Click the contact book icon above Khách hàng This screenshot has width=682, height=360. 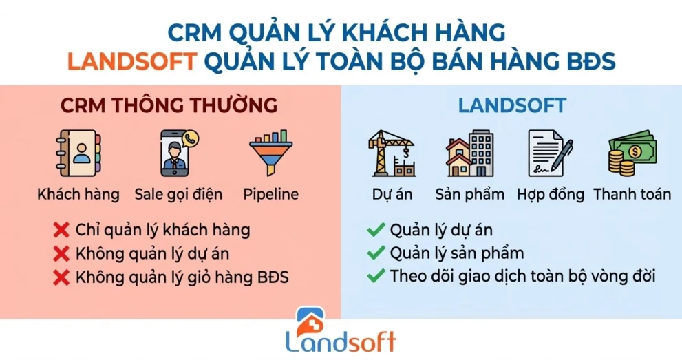(77, 153)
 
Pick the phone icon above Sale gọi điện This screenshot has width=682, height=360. (178, 153)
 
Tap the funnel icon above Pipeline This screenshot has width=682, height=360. (270, 153)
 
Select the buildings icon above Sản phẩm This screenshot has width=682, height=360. (470, 153)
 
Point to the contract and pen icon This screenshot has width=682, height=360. (550, 153)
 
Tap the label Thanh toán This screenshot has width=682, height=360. (632, 194)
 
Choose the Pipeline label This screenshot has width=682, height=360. (270, 194)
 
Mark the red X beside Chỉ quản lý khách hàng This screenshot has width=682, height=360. (62, 229)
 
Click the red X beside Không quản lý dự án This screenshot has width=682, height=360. (62, 253)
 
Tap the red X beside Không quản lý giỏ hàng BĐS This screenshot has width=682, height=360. (62, 277)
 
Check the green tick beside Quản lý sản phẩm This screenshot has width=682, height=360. (375, 253)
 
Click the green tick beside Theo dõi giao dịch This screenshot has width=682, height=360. (375, 277)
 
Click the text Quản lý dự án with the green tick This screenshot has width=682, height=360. (440, 229)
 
